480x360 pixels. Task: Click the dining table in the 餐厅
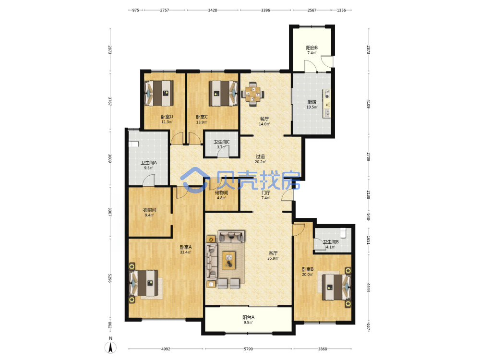coord(253,94)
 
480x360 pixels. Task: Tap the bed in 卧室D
coord(159,93)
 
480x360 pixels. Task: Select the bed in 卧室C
coord(224,93)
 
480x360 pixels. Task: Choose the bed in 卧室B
coord(335,287)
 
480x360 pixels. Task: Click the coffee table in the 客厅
coord(228,261)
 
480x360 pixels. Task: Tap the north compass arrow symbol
coord(111,347)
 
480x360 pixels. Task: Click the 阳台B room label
coord(312,48)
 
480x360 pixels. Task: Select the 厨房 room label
coord(312,102)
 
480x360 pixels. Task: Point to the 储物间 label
coord(221,192)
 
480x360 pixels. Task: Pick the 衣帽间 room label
coord(149,210)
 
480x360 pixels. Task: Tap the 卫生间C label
coord(222,142)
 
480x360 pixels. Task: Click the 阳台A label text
coord(248,317)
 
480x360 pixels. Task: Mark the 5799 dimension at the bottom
coord(248,348)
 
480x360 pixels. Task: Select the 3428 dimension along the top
coord(213,10)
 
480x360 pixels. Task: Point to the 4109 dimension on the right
coord(369,104)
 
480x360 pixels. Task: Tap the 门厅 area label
coord(266,192)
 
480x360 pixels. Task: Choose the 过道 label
coord(260,156)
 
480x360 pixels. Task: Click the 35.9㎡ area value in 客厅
coord(273,258)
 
